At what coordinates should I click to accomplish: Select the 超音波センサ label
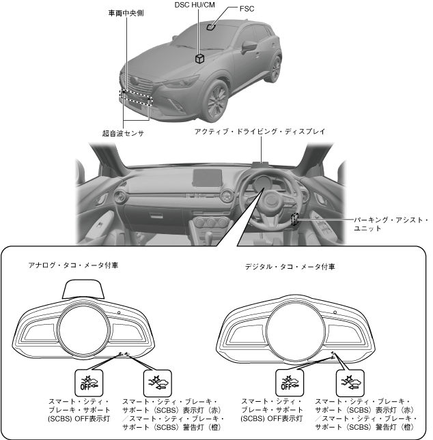pos(122,134)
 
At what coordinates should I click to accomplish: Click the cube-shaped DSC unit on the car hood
pos(200,59)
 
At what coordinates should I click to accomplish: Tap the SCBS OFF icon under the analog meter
pos(86,380)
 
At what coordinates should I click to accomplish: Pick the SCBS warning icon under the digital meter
pos(347,380)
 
